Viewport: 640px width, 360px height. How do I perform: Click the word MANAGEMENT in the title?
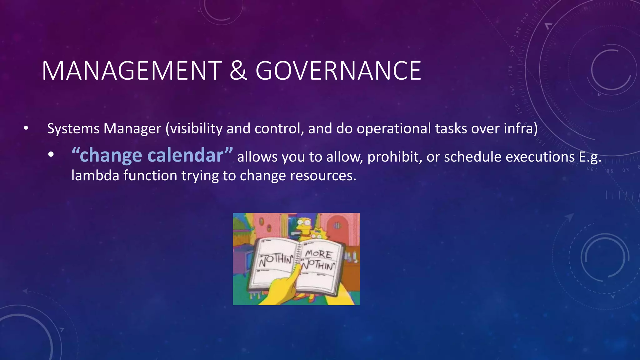(x=132, y=71)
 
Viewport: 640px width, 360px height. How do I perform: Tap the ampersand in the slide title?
(x=238, y=71)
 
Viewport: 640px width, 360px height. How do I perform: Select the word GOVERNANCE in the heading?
(x=338, y=71)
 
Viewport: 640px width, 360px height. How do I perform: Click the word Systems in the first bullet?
(x=73, y=128)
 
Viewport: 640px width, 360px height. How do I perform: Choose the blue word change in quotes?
(x=111, y=155)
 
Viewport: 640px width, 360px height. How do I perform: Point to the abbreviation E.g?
(x=590, y=157)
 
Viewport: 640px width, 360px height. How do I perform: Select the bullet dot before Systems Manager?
(x=26, y=128)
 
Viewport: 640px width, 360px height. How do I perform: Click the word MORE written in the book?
(x=318, y=254)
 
